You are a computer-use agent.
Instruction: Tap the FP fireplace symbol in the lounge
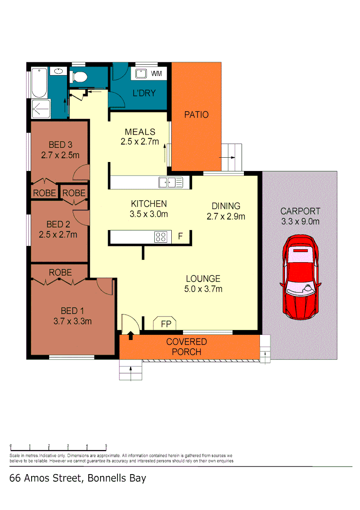166,323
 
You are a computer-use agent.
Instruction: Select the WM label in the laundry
156,74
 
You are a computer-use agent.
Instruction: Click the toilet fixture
79,76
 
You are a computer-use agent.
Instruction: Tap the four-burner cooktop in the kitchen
160,237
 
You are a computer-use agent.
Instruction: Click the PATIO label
196,114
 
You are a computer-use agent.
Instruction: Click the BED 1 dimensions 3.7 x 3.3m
72,322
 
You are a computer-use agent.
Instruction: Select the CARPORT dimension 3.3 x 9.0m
300,221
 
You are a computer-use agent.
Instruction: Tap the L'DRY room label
144,93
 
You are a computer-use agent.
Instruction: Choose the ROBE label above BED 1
60,272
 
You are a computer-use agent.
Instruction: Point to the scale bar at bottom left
58,447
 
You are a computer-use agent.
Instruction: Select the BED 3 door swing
82,172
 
